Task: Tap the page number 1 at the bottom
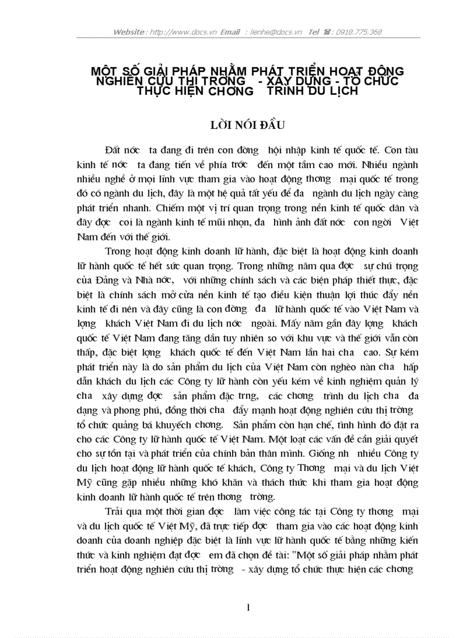pos(248,607)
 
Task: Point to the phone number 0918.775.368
pos(359,32)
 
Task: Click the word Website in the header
pos(129,32)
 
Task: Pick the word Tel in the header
pos(314,32)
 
